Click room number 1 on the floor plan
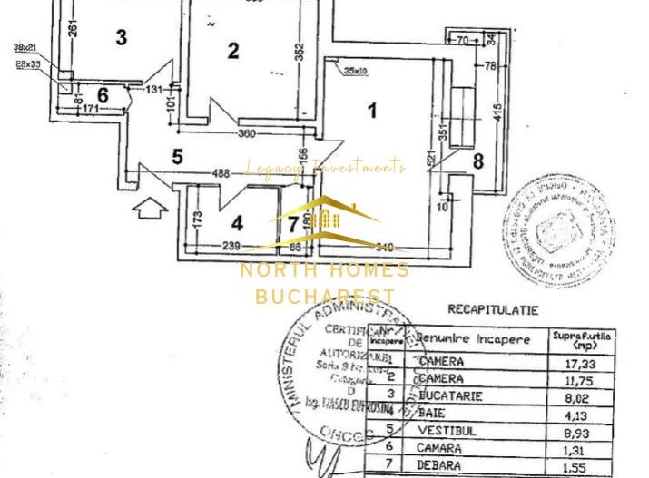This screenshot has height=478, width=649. (371, 112)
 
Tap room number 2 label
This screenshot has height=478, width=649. (233, 51)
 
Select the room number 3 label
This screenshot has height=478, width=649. (121, 37)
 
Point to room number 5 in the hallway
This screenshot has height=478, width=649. (178, 157)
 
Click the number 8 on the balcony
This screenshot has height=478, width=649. (478, 162)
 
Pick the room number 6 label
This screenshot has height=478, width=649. (103, 94)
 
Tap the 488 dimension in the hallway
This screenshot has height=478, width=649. (221, 174)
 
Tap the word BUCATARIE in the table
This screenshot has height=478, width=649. (451, 396)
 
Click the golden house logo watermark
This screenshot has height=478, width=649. (324, 220)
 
